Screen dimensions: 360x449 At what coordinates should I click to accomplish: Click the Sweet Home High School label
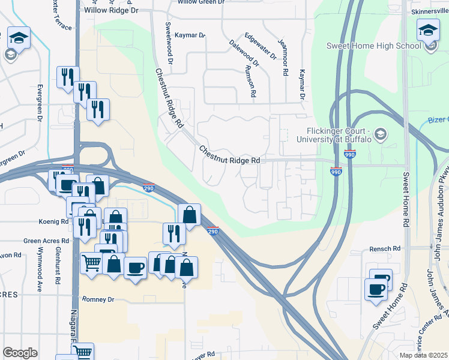tap(373, 46)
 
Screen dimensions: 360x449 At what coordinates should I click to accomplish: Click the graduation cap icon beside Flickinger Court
tap(380, 134)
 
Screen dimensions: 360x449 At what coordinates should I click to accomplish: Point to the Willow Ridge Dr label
tap(111, 11)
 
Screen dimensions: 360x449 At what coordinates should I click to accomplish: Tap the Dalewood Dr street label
tap(244, 53)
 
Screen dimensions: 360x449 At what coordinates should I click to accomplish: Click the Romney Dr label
tap(98, 299)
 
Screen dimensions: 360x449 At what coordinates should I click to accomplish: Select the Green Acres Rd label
tap(46, 241)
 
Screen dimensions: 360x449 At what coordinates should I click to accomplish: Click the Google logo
tap(20, 352)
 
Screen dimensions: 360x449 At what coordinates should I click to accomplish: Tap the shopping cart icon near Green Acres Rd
tap(91, 262)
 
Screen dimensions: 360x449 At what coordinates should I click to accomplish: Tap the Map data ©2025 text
tap(423, 355)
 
